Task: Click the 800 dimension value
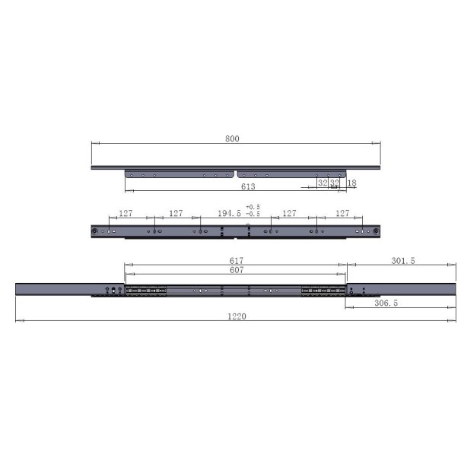[x=232, y=138]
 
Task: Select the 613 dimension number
[x=247, y=186]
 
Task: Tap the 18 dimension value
[x=351, y=183]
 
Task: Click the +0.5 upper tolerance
[x=253, y=207]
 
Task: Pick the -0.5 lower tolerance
[x=253, y=215]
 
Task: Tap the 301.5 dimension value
[x=403, y=261]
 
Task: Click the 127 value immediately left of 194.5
[x=176, y=214]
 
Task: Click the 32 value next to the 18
[x=335, y=183]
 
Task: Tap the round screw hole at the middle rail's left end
[x=94, y=230]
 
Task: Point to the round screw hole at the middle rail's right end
[x=376, y=230]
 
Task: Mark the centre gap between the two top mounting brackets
[x=237, y=170]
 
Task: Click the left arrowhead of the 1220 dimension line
[x=17, y=321]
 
